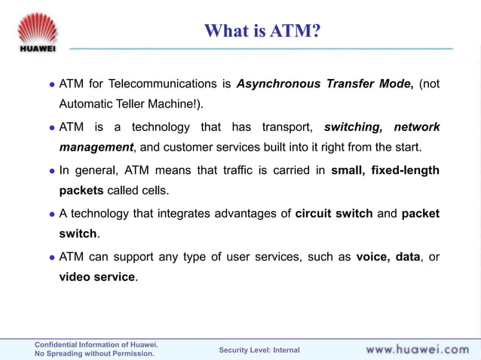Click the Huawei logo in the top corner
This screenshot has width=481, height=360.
click(x=36, y=32)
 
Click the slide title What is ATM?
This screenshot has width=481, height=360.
click(x=262, y=31)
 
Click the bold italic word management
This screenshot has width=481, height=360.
click(x=96, y=147)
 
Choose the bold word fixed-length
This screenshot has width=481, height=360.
click(x=406, y=170)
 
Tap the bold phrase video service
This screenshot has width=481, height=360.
click(x=97, y=277)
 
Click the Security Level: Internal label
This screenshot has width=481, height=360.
click(x=259, y=350)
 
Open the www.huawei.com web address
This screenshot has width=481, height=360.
click(x=417, y=349)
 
